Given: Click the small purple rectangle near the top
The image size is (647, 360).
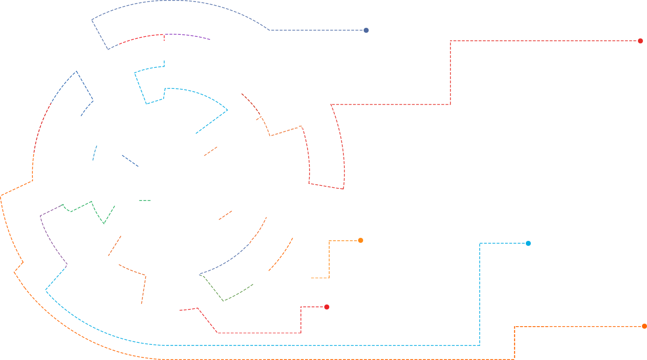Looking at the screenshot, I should point(202,37).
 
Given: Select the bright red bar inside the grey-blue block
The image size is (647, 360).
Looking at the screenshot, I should point(141,39).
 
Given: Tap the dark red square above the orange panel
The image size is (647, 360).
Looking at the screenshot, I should point(251,104).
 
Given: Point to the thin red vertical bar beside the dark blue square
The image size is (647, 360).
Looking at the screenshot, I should point(44,127).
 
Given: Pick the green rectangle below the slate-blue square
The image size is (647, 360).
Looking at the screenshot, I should point(226,288).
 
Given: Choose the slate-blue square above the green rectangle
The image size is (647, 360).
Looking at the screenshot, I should point(226,259).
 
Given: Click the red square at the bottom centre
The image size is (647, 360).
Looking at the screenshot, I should point(198,320).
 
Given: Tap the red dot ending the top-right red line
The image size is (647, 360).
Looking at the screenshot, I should point(640,41).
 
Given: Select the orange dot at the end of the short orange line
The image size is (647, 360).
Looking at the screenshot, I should point(361,240).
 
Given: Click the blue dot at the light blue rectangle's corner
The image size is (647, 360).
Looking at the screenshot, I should point(528,243).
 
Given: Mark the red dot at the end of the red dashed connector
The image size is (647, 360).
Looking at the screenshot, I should point(327,307).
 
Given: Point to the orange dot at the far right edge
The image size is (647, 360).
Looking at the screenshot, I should point(644,326).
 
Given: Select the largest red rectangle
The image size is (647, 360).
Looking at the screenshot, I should point(450,73).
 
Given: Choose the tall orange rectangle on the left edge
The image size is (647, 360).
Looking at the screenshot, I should point(41,259).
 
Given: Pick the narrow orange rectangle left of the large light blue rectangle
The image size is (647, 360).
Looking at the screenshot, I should point(283,254).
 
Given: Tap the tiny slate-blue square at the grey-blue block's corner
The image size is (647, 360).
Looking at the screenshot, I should point(366,30).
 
